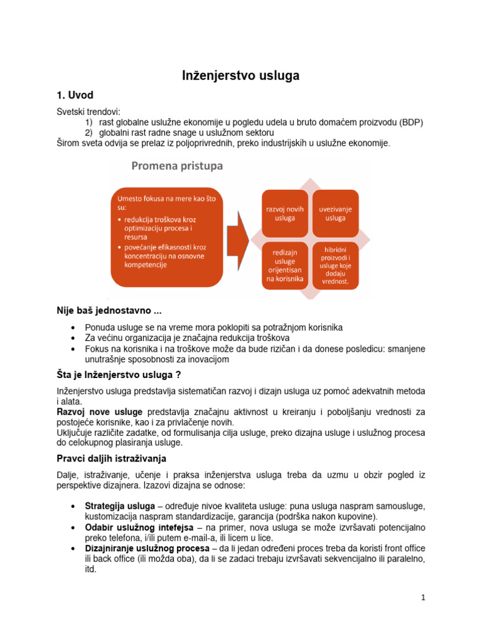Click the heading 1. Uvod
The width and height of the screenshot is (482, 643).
pyautogui.click(x=75, y=95)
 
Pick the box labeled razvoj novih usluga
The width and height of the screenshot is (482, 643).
pyautogui.click(x=284, y=213)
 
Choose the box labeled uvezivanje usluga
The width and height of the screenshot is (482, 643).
pyautogui.click(x=335, y=213)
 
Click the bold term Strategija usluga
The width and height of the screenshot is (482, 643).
pyautogui.click(x=120, y=506)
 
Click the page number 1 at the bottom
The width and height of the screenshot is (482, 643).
pyautogui.click(x=424, y=598)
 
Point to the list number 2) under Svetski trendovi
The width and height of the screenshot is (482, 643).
pyautogui.click(x=88, y=132)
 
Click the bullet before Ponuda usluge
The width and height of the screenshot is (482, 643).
pyautogui.click(x=75, y=328)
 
